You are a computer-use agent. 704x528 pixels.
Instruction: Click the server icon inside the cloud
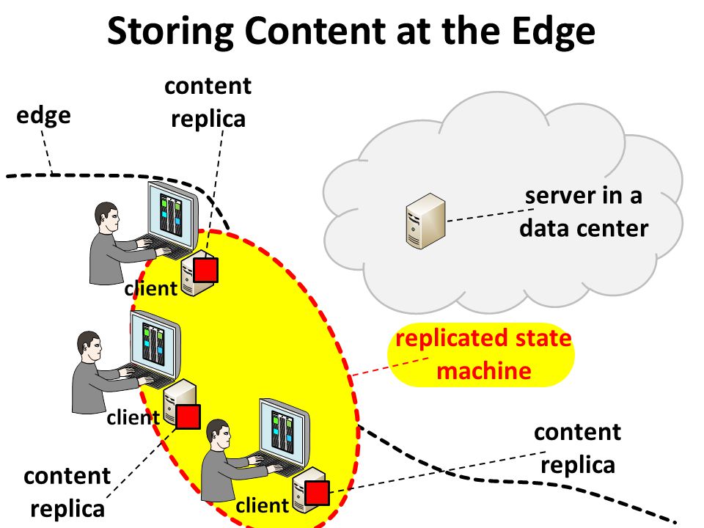coord(425,221)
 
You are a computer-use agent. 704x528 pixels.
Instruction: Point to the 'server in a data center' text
coord(584,212)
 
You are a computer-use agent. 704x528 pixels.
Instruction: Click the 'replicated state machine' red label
coord(483,355)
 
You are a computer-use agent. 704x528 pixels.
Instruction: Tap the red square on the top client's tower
coord(205,270)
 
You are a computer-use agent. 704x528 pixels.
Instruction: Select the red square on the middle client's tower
coord(188,417)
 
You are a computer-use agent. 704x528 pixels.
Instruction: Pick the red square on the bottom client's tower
coord(317,493)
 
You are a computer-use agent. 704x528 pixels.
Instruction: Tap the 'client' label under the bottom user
coord(263,506)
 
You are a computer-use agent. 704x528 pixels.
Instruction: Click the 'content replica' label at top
coord(208,103)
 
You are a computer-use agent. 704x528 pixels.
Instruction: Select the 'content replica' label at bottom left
coord(67,493)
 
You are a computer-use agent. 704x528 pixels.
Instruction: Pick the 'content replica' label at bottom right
coord(577,449)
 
